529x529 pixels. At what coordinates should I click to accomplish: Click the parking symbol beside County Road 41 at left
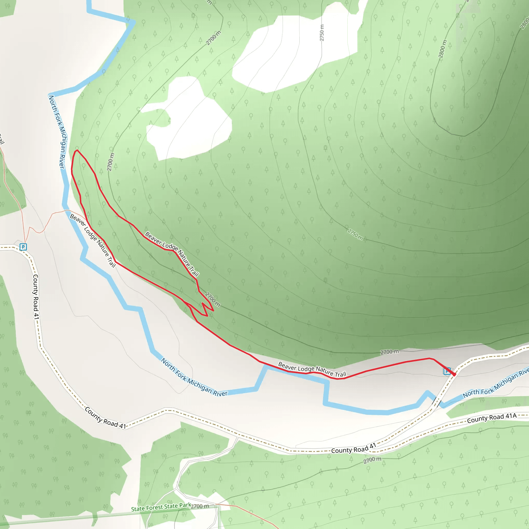click(x=23, y=247)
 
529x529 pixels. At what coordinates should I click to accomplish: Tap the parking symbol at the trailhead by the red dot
click(x=447, y=371)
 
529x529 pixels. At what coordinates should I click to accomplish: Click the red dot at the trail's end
click(x=454, y=374)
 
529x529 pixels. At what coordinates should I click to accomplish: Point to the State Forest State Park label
click(x=161, y=507)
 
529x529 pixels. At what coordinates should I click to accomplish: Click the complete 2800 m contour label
click(x=442, y=49)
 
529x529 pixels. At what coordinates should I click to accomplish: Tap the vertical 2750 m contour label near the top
click(x=322, y=33)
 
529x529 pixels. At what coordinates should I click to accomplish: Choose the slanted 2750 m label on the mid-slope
click(x=355, y=234)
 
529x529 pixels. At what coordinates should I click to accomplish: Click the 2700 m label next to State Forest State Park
click(x=200, y=506)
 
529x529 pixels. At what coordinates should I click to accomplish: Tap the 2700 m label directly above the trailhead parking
click(x=389, y=352)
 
